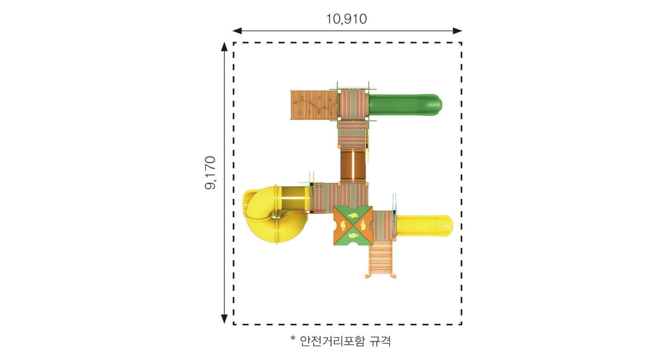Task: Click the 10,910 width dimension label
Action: coord(346,19)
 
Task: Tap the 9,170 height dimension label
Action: coord(210,173)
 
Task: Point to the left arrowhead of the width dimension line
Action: coord(237,31)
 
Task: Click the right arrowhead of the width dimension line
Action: coord(457,31)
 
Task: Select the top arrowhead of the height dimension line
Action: coord(224,47)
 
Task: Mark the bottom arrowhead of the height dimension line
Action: coord(224,319)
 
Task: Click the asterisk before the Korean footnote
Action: coord(293,338)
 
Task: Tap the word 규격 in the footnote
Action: coord(380,341)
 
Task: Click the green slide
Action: coord(405,105)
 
